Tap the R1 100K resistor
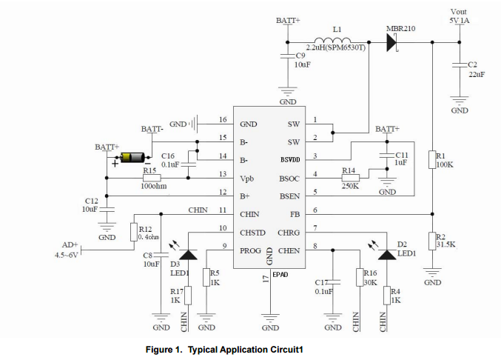coord(431,159)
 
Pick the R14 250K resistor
coord(349,178)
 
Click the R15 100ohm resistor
coord(152,178)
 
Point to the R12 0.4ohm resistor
coord(134,232)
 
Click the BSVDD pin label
coord(289,159)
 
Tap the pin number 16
coord(222,120)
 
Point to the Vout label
coord(459,12)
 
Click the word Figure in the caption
coord(163,349)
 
